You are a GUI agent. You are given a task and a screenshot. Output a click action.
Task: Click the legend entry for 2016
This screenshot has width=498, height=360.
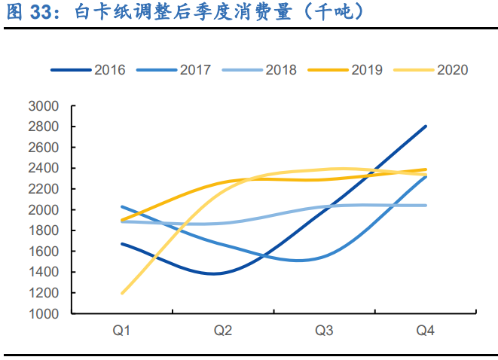[x=109, y=70]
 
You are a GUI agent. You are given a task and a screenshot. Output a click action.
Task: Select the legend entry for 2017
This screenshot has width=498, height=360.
[x=195, y=70]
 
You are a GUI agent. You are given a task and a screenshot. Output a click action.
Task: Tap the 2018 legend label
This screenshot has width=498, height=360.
[x=281, y=70]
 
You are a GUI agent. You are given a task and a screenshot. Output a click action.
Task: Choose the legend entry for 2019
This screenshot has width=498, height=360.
[x=367, y=70]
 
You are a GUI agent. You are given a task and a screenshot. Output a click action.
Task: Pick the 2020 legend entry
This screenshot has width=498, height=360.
[x=452, y=70]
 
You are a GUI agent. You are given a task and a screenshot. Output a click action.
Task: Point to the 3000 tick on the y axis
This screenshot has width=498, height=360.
[x=43, y=106]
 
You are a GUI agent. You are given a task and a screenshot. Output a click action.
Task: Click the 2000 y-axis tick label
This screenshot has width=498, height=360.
[x=43, y=210]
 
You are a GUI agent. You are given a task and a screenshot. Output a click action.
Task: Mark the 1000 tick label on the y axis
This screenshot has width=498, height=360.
[x=43, y=314]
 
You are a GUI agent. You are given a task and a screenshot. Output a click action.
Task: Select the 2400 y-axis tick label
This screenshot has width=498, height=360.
[x=43, y=169]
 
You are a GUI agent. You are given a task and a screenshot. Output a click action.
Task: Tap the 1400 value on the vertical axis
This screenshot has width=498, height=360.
[x=43, y=273]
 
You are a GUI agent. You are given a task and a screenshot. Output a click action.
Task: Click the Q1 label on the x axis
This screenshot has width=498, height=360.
[x=121, y=331]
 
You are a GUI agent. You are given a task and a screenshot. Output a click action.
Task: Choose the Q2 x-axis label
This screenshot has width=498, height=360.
[x=223, y=331]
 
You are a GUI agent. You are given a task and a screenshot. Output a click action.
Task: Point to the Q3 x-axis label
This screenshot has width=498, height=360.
[x=324, y=331]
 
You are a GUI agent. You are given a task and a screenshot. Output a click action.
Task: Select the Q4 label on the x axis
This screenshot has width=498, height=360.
[x=426, y=331]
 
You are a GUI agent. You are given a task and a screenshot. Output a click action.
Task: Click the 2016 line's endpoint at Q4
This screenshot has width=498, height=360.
[x=426, y=127]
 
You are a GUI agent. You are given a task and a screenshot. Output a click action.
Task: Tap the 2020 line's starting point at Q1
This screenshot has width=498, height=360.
[x=121, y=293]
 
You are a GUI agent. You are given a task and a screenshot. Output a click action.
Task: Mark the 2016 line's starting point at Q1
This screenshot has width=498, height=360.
[x=121, y=244]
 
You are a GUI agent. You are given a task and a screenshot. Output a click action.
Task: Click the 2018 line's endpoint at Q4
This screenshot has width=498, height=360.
[x=426, y=206]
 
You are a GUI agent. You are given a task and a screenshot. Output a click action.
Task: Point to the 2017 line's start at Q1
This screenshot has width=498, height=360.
[x=121, y=206]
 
